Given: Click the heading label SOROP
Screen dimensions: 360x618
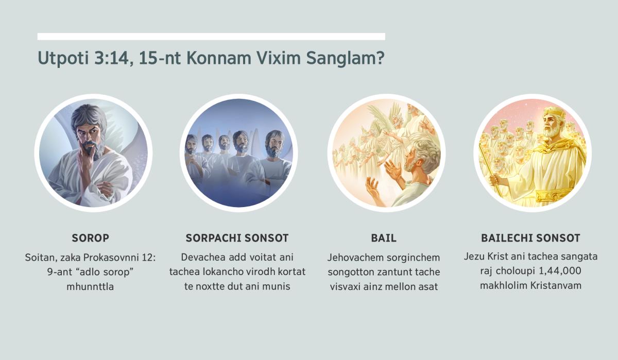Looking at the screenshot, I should pos(90,238).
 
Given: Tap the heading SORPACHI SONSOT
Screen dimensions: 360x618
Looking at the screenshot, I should pos(237,238).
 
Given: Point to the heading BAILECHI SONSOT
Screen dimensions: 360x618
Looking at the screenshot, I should pos(530,238).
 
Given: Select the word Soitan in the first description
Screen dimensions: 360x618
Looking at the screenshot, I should pos(40,256).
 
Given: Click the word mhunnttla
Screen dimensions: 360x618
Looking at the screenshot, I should pos(90,286).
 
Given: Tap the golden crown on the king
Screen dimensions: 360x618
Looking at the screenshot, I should pos(554,113).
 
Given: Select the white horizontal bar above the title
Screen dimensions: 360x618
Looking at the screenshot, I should pos(211,37).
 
